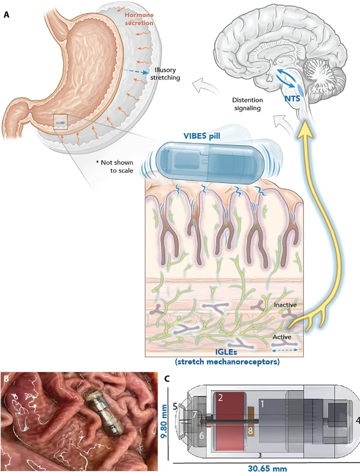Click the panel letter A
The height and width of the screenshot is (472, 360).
pyautogui.click(x=7, y=15)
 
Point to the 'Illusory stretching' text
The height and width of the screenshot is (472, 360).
pyautogui.click(x=165, y=74)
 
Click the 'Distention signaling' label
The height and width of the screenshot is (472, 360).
pyautogui.click(x=248, y=104)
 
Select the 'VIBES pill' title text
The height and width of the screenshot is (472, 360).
pyautogui.click(x=202, y=136)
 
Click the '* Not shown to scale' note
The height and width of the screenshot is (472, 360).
pyautogui.click(x=114, y=166)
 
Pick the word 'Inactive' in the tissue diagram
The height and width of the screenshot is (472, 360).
pyautogui.click(x=285, y=306)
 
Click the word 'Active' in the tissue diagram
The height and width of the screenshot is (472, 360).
pyautogui.click(x=281, y=337)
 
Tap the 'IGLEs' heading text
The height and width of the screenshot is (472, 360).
pyautogui.click(x=227, y=351)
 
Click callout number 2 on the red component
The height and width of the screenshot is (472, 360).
pyautogui.click(x=220, y=398)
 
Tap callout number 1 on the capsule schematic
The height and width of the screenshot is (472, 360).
pyautogui.click(x=262, y=404)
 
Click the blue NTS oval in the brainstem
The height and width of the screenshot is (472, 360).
pyautogui.click(x=300, y=89)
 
